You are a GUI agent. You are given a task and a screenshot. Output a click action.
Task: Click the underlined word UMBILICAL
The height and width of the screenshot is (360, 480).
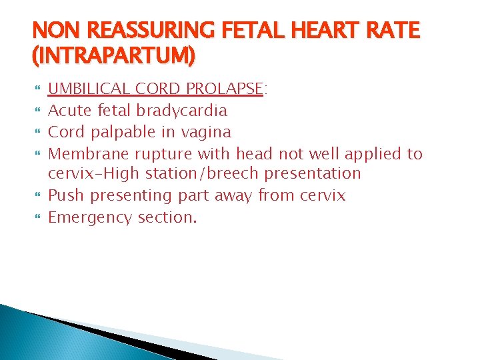(90, 89)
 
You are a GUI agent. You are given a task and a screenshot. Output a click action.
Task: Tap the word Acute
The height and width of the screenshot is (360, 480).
(69, 111)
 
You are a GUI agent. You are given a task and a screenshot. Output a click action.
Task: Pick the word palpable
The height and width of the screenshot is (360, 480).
(123, 132)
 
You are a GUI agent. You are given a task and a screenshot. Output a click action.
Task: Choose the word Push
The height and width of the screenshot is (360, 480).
(65, 196)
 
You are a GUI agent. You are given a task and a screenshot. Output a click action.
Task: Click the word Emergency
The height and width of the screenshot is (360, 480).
(91, 218)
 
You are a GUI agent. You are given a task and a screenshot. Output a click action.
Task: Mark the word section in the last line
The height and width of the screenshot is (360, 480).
(167, 217)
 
